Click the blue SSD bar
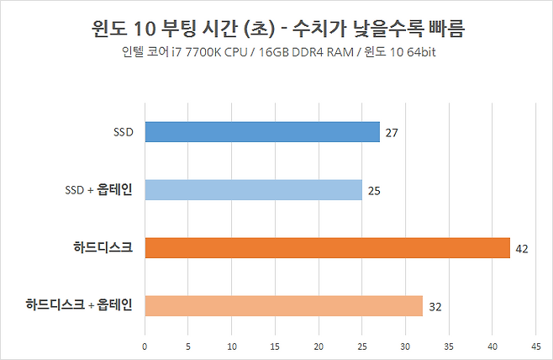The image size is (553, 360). point(261,132)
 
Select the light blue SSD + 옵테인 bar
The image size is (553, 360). point(253,190)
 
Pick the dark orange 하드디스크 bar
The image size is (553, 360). point(327,248)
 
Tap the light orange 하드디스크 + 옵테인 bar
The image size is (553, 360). point(283,306)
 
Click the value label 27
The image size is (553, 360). point(391,133)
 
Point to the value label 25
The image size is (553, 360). point(374,191)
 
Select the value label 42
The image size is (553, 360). point(521,249)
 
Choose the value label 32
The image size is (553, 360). point(434,307)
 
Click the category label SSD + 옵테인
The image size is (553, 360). point(99,189)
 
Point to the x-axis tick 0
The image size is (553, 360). point(145,346)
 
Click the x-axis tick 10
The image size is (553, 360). point(231,346)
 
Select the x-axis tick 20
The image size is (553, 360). point(319,346)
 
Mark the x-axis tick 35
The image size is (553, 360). point(449,346)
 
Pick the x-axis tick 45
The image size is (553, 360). point(535,346)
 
